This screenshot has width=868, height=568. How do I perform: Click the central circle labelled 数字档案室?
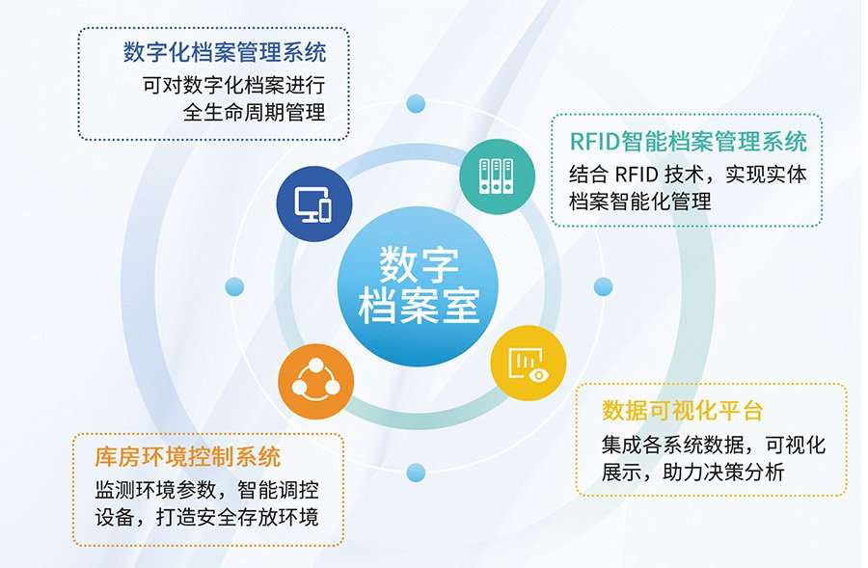tap(418, 286)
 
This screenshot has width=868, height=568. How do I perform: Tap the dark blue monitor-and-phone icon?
tap(313, 203)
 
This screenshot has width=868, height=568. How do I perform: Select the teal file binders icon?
tap(497, 176)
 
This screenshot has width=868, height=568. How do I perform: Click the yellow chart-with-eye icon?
tap(529, 363)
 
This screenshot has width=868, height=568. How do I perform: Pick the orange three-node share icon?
tap(315, 381)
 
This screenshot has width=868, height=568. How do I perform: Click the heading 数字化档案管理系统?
tap(225, 53)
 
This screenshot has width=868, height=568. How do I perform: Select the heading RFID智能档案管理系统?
tap(689, 142)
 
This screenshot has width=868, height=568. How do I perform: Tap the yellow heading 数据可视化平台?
tap(683, 410)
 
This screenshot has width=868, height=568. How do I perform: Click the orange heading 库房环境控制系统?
tap(188, 457)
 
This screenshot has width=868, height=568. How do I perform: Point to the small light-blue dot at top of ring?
tap(416, 103)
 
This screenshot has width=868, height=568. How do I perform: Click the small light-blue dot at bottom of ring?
tap(416, 473)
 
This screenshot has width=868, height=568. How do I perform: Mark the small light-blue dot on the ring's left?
tap(234, 286)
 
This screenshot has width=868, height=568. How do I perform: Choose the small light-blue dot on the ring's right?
tap(603, 286)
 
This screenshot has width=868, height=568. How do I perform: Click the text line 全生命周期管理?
tap(254, 113)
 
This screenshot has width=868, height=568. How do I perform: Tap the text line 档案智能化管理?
tap(640, 201)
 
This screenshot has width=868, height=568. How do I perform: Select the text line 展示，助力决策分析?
tap(693, 473)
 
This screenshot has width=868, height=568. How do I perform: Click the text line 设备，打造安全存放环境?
tap(206, 517)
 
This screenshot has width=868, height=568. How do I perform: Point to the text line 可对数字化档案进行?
tap(234, 85)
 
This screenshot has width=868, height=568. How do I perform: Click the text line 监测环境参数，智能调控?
tap(206, 490)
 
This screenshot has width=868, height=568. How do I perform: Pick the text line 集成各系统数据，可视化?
tap(714, 445)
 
